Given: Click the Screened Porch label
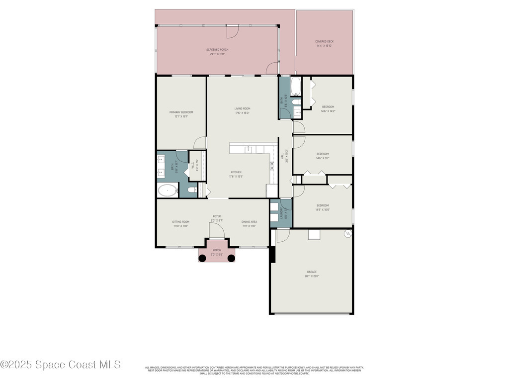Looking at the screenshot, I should [x=217, y=51].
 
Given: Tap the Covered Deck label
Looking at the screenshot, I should [x=324, y=43].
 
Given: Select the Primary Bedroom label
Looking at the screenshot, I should [x=181, y=114].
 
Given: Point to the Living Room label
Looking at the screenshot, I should [x=242, y=110].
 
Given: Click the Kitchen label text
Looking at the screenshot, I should [x=236, y=174].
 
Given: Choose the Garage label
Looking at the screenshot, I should [x=312, y=274].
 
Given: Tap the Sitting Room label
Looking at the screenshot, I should [x=180, y=223].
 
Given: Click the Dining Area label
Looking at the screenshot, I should [x=249, y=223].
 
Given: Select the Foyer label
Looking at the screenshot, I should [x=216, y=218].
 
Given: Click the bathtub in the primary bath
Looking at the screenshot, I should [x=168, y=190].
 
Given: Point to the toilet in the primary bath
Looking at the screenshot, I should [x=193, y=190].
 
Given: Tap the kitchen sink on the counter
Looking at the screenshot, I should [x=248, y=149].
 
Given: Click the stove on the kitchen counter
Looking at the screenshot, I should [x=272, y=167].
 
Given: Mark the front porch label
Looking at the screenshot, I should [x=217, y=252].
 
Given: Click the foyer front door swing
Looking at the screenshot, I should [x=217, y=230].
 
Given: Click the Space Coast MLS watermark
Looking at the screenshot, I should [x=61, y=365].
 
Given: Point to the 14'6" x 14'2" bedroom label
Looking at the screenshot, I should [x=328, y=108].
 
